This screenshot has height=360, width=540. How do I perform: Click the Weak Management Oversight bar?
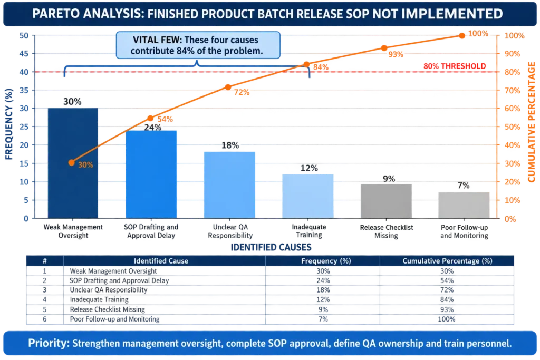[73, 163]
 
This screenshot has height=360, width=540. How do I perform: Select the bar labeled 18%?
[230, 185]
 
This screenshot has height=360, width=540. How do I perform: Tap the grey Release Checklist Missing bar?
[386, 201]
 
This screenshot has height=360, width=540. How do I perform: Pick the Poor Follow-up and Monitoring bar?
[464, 205]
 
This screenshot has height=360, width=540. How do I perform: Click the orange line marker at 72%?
[228, 87]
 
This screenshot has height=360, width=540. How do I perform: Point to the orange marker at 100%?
[462, 36]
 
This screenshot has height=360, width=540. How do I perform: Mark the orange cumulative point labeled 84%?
[306, 65]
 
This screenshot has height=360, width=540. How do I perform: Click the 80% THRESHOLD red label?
[455, 66]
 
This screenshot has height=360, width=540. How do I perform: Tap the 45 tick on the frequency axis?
[24, 54]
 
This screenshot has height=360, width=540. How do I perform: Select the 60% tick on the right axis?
[512, 109]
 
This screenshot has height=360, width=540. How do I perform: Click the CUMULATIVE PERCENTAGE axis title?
[532, 122]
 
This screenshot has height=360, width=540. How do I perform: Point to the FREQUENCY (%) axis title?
[9, 124]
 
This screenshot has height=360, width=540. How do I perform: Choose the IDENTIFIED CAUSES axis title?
[271, 247]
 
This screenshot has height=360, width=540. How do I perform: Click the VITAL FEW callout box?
[198, 45]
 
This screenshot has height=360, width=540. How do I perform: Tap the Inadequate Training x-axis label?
[309, 231]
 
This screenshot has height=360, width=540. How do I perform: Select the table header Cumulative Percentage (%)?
[447, 261]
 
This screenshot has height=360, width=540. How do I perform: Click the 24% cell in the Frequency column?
[323, 280]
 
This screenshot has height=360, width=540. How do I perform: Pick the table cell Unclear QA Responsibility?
[109, 290]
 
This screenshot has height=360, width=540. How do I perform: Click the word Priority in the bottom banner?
[49, 344]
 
